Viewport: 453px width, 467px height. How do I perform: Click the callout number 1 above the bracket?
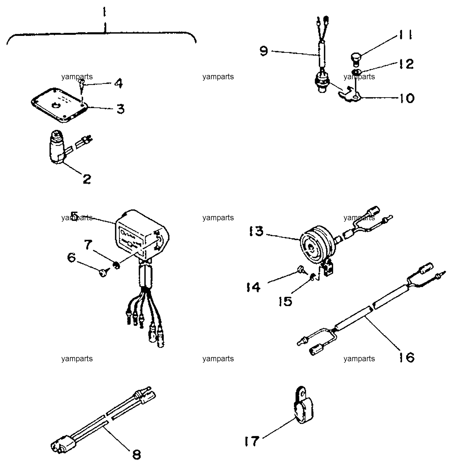pos(105,14)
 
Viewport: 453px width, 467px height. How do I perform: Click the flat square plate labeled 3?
pos(60,104)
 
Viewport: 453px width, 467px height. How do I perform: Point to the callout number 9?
pos(264,51)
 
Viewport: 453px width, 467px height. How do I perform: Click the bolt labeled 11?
pos(356,59)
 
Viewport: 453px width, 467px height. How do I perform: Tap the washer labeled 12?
pos(357,72)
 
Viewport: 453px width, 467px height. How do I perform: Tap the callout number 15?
pos(286,301)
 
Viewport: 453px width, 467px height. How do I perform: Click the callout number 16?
pos(406,357)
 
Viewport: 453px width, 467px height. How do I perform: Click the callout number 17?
pos(252,441)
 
